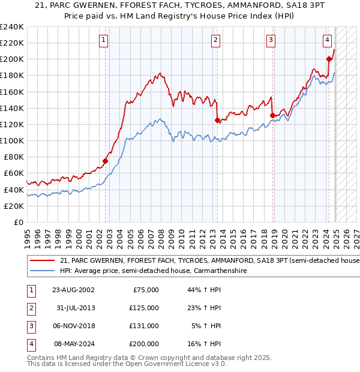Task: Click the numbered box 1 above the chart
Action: [104, 40]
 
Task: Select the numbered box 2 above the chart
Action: [215, 40]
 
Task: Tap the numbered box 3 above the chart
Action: [271, 40]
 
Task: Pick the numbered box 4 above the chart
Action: [327, 40]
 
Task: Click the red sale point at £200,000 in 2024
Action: [329, 59]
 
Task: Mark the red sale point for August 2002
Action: [105, 161]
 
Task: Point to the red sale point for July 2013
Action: [217, 120]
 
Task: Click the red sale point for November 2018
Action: [272, 115]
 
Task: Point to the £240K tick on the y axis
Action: [12, 27]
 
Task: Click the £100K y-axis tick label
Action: [12, 140]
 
